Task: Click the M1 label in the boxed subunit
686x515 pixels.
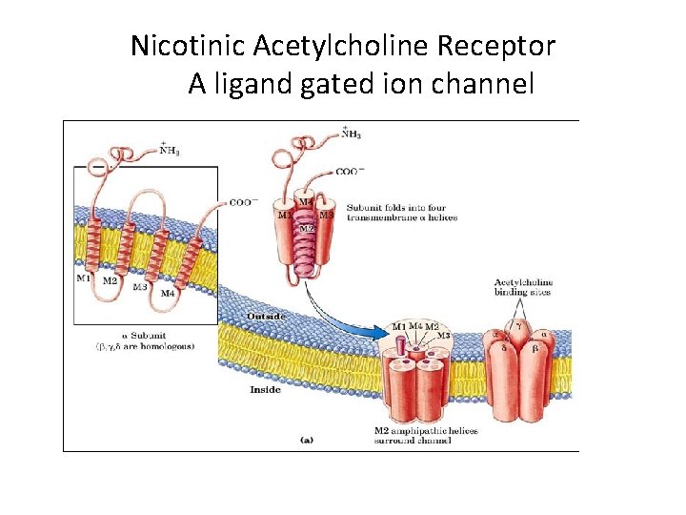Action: (x=84, y=278)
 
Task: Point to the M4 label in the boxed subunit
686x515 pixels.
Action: (x=168, y=293)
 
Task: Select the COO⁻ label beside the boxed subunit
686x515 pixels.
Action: (x=241, y=202)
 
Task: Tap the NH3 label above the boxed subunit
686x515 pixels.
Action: (x=171, y=149)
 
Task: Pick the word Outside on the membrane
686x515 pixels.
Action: (x=266, y=316)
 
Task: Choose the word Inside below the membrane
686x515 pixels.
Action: (x=265, y=389)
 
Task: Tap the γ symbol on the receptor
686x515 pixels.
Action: (x=517, y=325)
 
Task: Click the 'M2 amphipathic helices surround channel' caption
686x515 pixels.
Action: (x=426, y=436)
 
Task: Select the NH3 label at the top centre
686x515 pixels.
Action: (x=350, y=134)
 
